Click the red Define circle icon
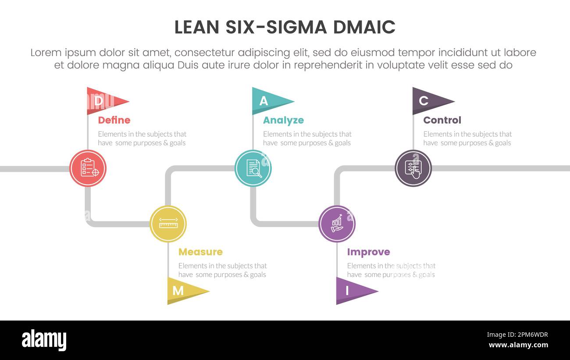pos(88,168)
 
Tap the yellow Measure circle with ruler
pos(168,224)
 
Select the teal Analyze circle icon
pos(253,168)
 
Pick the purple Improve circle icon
pos(337,224)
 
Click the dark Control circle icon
pos(413,168)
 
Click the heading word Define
pos(114,120)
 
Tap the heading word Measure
pos(200,252)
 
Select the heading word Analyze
pos(283,120)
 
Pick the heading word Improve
pos(368,252)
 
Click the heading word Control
pos(442,120)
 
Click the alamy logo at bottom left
pos(44,340)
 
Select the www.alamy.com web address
pos(518,345)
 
